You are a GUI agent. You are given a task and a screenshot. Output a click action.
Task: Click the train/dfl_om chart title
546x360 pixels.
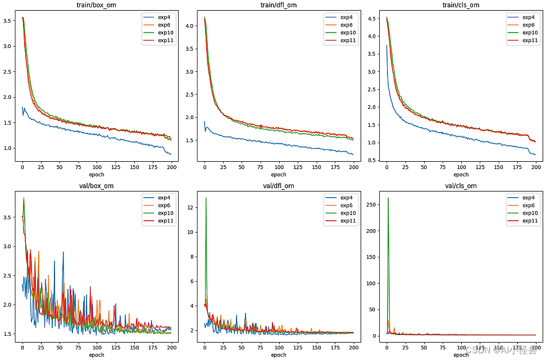tap(279, 5)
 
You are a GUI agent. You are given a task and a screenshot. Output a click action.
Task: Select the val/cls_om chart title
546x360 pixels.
tap(461, 186)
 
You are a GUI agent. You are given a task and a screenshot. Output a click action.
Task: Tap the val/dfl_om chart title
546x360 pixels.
tap(279, 186)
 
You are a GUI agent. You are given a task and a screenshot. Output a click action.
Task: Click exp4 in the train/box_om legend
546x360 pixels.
tap(165, 17)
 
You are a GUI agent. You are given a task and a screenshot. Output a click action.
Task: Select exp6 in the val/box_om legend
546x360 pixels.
tap(165, 206)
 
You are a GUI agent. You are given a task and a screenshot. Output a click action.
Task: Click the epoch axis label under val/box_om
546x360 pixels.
tap(97, 355)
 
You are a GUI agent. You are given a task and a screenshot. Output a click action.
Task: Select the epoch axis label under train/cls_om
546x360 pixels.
tap(461, 174)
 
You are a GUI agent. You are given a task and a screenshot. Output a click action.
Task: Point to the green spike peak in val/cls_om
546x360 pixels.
tap(388, 198)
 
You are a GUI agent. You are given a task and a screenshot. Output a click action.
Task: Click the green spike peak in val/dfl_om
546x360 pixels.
tap(206, 198)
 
